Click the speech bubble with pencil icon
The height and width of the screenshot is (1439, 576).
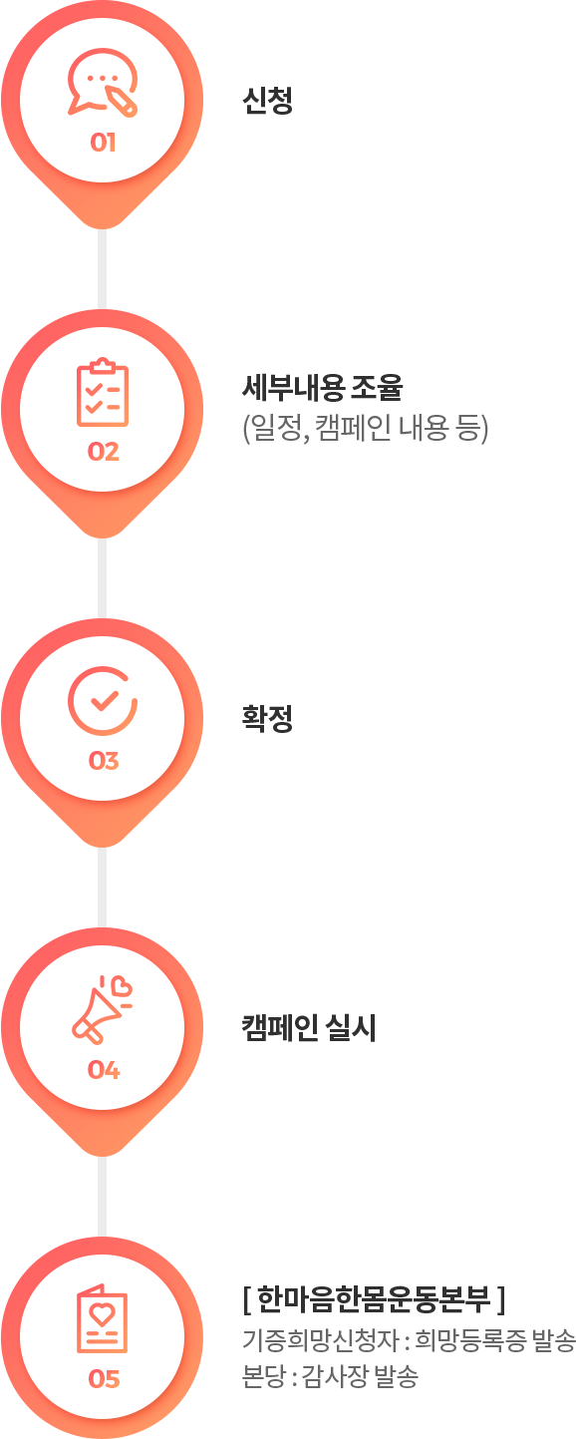(103, 82)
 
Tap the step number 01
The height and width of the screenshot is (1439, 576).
(103, 142)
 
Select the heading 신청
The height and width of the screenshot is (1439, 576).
(268, 101)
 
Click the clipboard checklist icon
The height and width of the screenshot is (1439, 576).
(103, 393)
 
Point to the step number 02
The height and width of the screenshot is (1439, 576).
(103, 452)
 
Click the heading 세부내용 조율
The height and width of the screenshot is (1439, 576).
(322, 387)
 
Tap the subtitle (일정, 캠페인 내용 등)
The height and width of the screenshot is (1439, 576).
(366, 429)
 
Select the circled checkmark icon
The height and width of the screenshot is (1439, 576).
(103, 701)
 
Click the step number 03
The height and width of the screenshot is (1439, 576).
(103, 761)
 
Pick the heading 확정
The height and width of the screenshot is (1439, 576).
(268, 718)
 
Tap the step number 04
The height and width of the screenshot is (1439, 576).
(103, 1070)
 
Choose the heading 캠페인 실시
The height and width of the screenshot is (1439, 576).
(309, 1027)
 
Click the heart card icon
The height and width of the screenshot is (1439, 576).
(103, 1318)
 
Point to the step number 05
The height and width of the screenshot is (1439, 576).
(103, 1378)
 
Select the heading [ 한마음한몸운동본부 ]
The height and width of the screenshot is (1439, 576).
(375, 1299)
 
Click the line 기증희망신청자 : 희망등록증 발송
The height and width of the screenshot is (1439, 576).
(409, 1339)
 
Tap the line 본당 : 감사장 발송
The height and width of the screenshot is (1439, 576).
(330, 1375)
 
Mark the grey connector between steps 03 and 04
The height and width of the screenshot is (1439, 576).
(102, 888)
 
